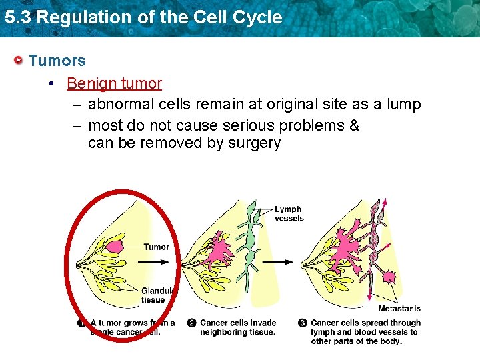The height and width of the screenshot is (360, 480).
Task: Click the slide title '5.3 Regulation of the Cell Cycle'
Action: pos(143,17)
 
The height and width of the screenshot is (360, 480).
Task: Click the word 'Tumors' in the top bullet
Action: pos(57,61)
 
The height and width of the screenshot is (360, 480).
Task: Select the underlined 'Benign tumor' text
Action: pos(114,83)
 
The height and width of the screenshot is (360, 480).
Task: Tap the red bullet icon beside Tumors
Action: pos(19,61)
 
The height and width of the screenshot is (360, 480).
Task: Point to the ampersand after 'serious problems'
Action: pos(354,125)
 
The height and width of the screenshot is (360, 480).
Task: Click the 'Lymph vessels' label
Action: pos(289,214)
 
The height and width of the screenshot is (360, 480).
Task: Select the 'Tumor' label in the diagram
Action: pos(157,247)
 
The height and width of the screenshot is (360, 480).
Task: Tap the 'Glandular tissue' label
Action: pos(159,295)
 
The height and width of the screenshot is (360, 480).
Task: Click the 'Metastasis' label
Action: pos(399,309)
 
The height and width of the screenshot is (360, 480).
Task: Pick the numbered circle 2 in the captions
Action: pos(192,323)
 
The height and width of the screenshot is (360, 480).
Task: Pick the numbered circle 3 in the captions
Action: pos(303,323)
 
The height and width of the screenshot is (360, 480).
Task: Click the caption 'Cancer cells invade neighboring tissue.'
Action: pos(238,327)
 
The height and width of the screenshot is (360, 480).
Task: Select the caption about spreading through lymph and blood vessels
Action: pos(365,332)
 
